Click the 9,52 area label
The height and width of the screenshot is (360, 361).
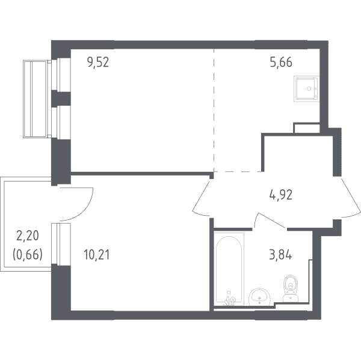click(98, 62)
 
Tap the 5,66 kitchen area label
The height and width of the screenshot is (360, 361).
click(281, 62)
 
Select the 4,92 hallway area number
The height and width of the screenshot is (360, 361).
click(280, 195)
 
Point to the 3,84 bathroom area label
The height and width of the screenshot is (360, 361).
click(280, 255)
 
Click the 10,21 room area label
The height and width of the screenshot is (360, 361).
click(97, 255)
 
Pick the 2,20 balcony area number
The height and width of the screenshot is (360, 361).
click(28, 236)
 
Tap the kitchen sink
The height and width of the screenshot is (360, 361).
click(306, 88)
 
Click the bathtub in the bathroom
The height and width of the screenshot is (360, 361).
click(229, 269)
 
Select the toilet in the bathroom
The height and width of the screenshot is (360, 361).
click(291, 288)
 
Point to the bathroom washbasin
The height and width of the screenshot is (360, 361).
click(259, 297)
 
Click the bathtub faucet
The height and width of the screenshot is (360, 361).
click(230, 299)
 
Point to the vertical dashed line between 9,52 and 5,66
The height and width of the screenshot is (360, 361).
click(214, 110)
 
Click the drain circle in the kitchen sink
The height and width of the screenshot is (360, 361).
click(309, 89)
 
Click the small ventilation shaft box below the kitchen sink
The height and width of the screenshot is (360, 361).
click(307, 128)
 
